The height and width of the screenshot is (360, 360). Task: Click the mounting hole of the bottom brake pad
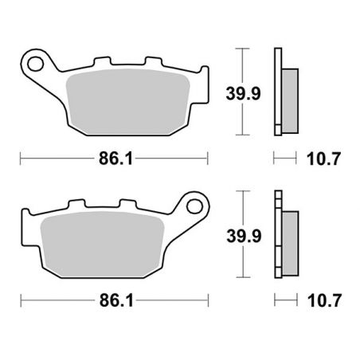tap(194, 207)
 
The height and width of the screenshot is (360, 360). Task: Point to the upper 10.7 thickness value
tap(326, 158)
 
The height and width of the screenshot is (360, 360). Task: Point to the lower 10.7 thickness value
tap(326, 303)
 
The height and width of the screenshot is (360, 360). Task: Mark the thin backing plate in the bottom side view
tap(277, 237)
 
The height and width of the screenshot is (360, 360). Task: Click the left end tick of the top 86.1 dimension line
tap(20, 158)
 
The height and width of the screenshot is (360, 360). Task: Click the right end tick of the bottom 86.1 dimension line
tap(209, 303)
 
